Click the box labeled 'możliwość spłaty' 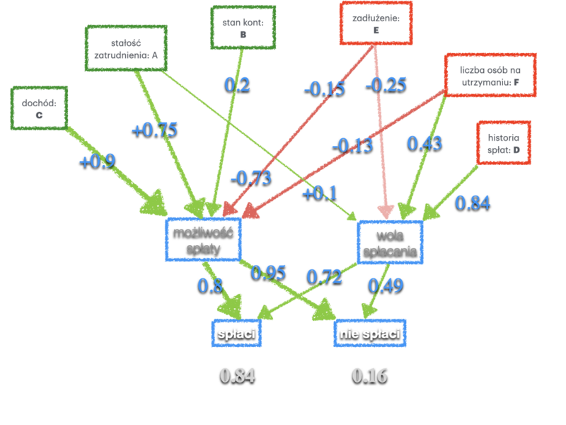pyautogui.click(x=203, y=239)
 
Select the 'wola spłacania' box pyautogui.click(x=388, y=241)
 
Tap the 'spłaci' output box pyautogui.click(x=236, y=333)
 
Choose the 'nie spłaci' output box pyautogui.click(x=370, y=333)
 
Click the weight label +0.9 pyautogui.click(x=97, y=161)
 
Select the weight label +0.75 pyautogui.click(x=154, y=130)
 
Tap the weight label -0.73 pyautogui.click(x=251, y=177)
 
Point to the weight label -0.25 pyautogui.click(x=386, y=85)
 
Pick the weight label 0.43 pyautogui.click(x=424, y=143)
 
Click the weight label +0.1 pyautogui.click(x=320, y=193)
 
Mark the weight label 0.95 pyautogui.click(x=269, y=272)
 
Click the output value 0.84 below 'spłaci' pyautogui.click(x=237, y=375)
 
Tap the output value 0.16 pyautogui.click(x=370, y=375)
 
